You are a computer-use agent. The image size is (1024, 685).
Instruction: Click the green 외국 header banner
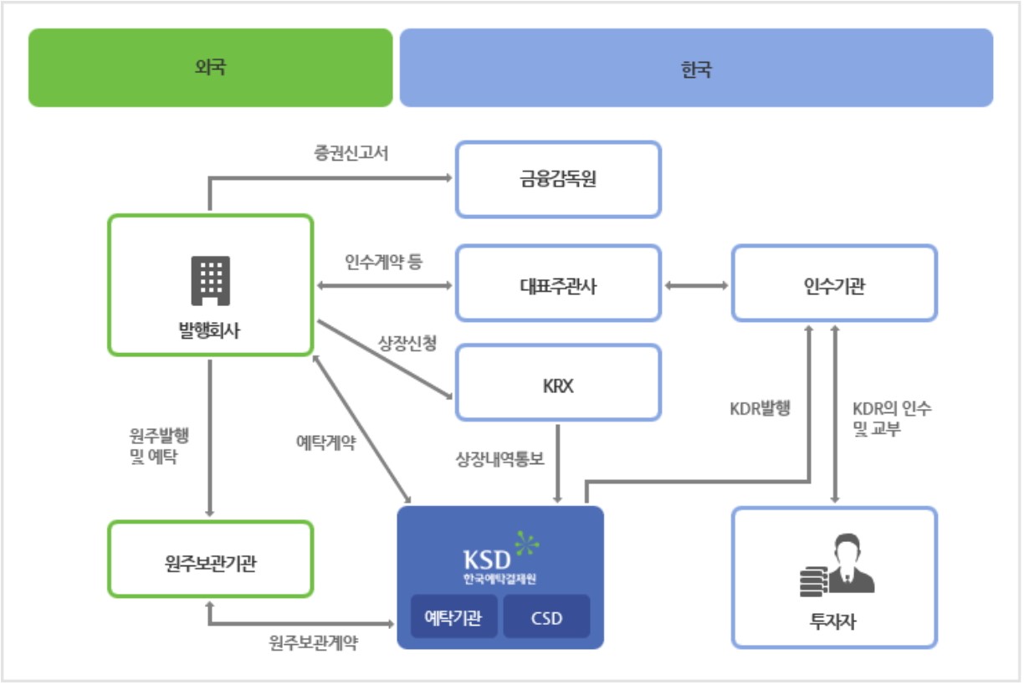(x=210, y=68)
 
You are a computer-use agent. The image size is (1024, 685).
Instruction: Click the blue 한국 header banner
(x=696, y=68)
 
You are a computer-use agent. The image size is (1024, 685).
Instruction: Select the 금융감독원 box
(x=558, y=179)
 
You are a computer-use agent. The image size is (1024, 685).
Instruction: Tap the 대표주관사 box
(x=558, y=284)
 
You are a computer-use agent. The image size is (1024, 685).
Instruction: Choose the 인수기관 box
(x=834, y=284)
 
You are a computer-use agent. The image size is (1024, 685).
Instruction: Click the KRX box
(x=558, y=382)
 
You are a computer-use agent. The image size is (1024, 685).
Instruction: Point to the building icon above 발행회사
(x=210, y=280)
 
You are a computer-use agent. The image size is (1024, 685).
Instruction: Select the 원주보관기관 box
(x=210, y=560)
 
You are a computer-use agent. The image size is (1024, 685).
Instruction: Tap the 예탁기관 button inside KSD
(x=453, y=617)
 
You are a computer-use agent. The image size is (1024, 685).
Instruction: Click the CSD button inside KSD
(x=546, y=617)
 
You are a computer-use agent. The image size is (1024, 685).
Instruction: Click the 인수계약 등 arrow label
(x=384, y=263)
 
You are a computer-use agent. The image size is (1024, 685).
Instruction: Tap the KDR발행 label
(x=760, y=409)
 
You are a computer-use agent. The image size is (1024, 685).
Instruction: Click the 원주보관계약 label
(x=313, y=644)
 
